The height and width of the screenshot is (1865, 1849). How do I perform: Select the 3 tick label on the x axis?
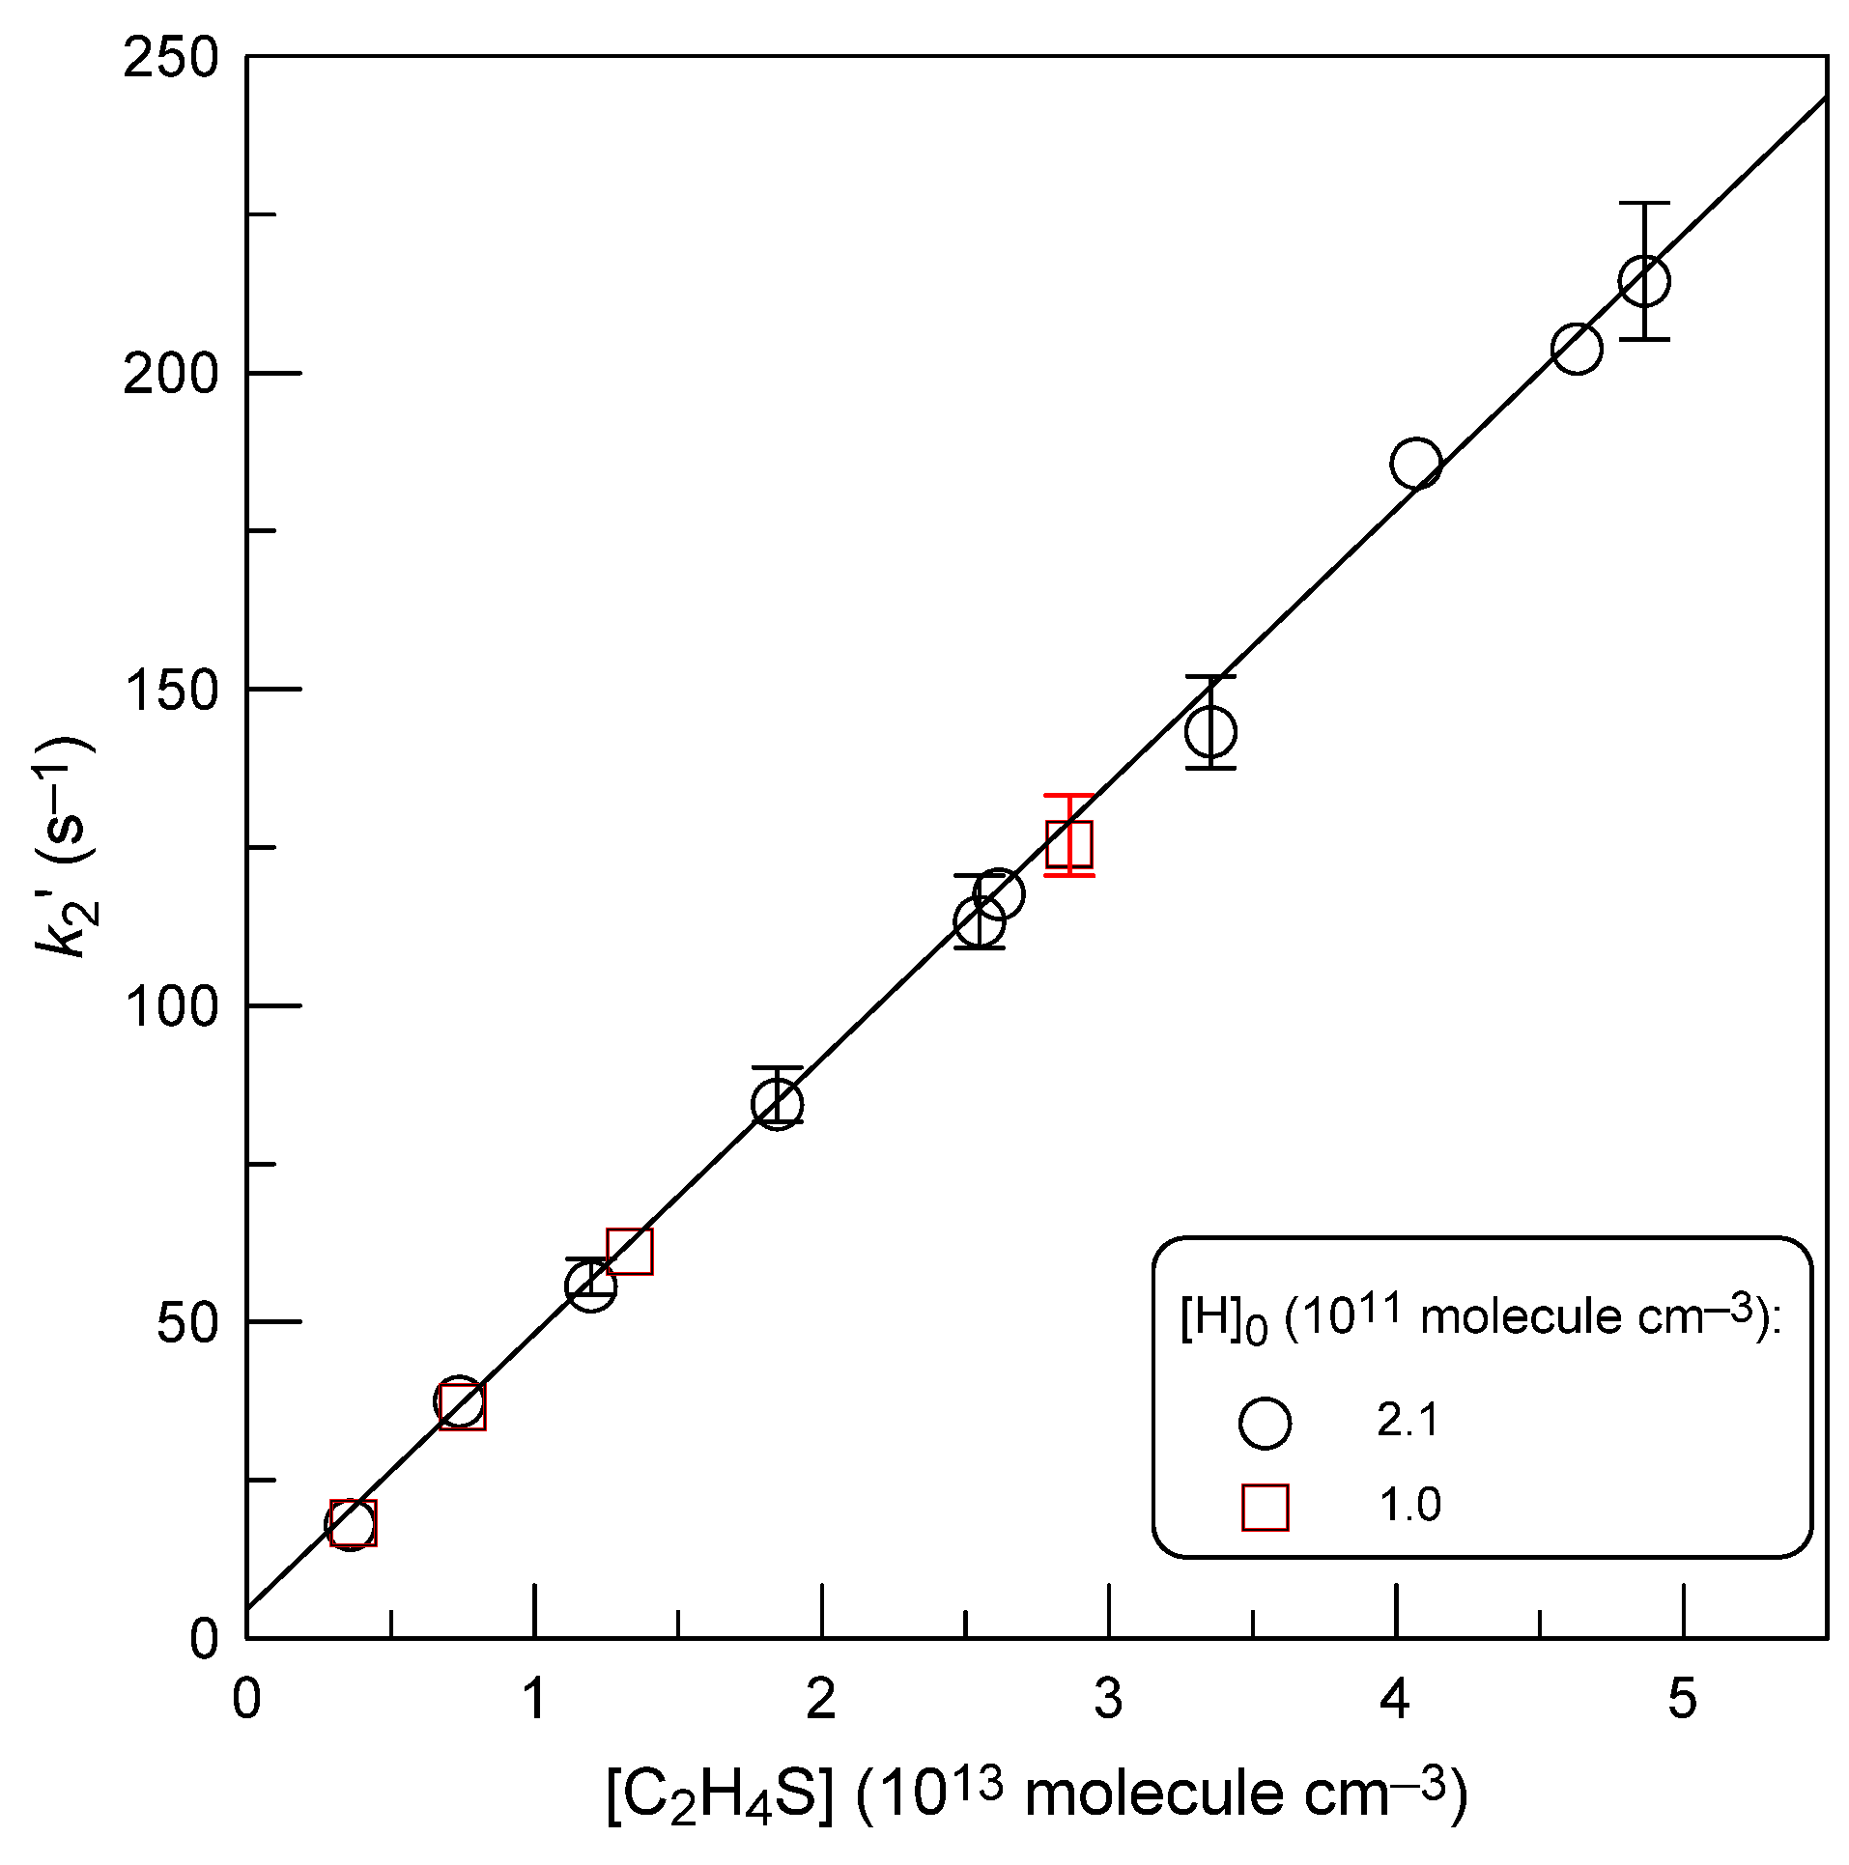pyautogui.click(x=1108, y=1697)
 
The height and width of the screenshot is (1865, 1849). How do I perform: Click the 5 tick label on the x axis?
pyautogui.click(x=1682, y=1697)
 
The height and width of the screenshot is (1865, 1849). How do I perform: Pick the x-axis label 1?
pyautogui.click(x=534, y=1697)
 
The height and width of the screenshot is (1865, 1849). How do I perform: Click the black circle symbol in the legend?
pyautogui.click(x=1265, y=1423)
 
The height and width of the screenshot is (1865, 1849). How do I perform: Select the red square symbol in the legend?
pyautogui.click(x=1265, y=1507)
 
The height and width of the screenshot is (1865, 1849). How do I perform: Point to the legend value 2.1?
pyautogui.click(x=1408, y=1421)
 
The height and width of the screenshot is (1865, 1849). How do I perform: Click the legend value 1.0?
pyautogui.click(x=1409, y=1505)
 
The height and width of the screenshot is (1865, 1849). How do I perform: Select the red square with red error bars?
pyautogui.click(x=1069, y=844)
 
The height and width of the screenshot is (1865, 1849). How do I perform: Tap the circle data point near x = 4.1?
pyautogui.click(x=1416, y=464)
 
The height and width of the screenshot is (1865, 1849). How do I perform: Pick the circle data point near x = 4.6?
pyautogui.click(x=1577, y=348)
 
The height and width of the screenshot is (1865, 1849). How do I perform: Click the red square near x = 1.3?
pyautogui.click(x=630, y=1252)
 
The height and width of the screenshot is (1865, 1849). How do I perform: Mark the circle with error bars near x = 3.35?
pyautogui.click(x=1210, y=731)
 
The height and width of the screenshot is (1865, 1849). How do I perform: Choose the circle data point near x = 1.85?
pyautogui.click(x=778, y=1104)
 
